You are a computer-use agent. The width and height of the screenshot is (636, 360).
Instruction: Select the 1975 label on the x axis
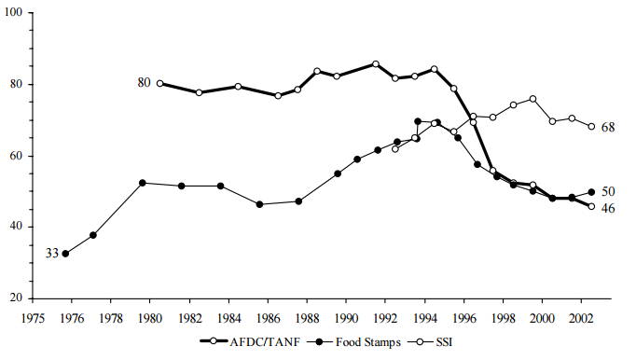[x=33, y=315]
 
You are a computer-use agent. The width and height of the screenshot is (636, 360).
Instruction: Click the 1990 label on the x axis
[x=346, y=315]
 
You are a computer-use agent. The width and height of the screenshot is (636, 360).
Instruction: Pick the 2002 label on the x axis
[x=582, y=315]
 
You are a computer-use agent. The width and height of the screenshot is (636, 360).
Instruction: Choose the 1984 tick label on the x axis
[x=228, y=315]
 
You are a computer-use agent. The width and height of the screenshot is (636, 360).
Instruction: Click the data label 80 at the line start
[x=144, y=83]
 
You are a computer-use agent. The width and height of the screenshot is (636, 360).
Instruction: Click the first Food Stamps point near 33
[x=65, y=253]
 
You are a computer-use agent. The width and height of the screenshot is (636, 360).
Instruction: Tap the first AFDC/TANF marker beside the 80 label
[x=160, y=83]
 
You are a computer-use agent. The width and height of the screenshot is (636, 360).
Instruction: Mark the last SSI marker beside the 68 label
[x=591, y=127]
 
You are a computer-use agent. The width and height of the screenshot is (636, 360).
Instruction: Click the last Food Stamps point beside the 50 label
[x=591, y=192]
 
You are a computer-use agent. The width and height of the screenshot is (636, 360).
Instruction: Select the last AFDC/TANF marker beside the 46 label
[x=591, y=206]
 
